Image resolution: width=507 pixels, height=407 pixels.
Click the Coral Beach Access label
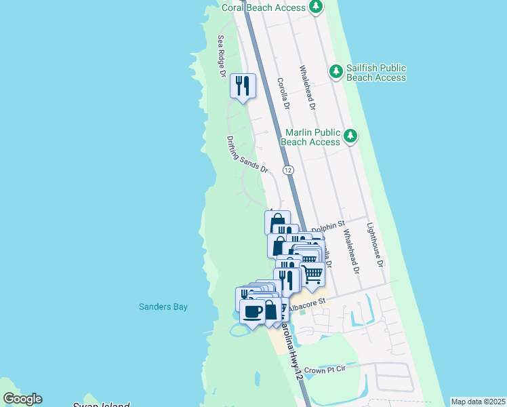(264, 7)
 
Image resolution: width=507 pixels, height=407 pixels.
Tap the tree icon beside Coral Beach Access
(315, 7)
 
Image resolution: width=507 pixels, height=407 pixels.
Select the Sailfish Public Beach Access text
(376, 73)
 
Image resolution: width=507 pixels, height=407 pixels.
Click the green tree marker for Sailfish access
(336, 71)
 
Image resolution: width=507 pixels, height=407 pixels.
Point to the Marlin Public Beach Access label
(310, 137)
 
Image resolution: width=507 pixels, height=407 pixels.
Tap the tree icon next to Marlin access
(350, 136)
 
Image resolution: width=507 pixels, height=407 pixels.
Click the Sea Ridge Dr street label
(221, 56)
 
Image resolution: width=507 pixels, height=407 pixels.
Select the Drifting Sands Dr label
(247, 154)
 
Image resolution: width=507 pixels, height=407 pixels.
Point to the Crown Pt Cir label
(324, 370)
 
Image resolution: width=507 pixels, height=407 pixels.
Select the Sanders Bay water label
(163, 307)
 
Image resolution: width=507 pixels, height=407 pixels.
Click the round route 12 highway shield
(289, 170)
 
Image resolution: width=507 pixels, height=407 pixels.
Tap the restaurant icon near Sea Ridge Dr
(243, 85)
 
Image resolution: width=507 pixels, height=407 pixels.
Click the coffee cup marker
(252, 311)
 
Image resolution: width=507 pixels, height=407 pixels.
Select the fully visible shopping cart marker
(312, 275)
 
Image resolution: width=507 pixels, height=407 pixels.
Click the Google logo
(22, 399)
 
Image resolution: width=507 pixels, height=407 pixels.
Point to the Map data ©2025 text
(478, 402)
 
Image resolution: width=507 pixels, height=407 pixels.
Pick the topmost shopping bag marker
(277, 222)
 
